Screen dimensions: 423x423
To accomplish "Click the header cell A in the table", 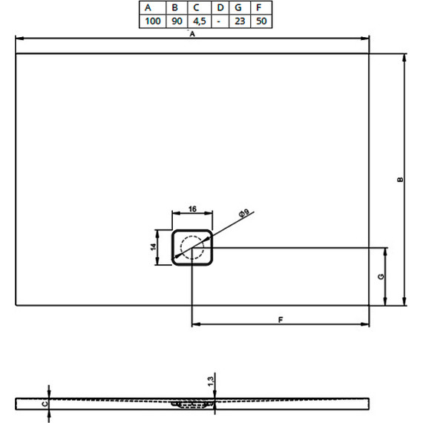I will coord(153,8).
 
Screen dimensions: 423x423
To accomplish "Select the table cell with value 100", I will coord(153,21).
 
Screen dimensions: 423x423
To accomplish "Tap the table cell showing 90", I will coord(177,21).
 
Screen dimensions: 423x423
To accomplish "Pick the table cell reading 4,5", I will coord(198,21).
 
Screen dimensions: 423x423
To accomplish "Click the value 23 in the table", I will coord(239,21).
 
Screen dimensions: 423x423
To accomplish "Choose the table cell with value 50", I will coord(260,21).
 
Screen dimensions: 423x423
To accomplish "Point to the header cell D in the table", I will coord(219,8).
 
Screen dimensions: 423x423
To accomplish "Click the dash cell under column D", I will coord(219,21).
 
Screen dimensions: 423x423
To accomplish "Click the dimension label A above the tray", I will coord(192,34).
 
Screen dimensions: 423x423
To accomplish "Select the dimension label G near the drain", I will coord(380,277).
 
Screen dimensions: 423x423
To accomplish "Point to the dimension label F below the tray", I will coord(281,320).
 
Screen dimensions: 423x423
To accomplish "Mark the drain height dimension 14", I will coord(154,246).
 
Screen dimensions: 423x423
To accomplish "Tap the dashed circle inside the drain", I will coord(192,247).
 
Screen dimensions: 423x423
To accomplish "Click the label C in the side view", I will coord(43,404).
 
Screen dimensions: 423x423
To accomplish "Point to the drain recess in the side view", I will coord(192,404).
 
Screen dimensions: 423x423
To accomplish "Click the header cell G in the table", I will coord(239,8).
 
